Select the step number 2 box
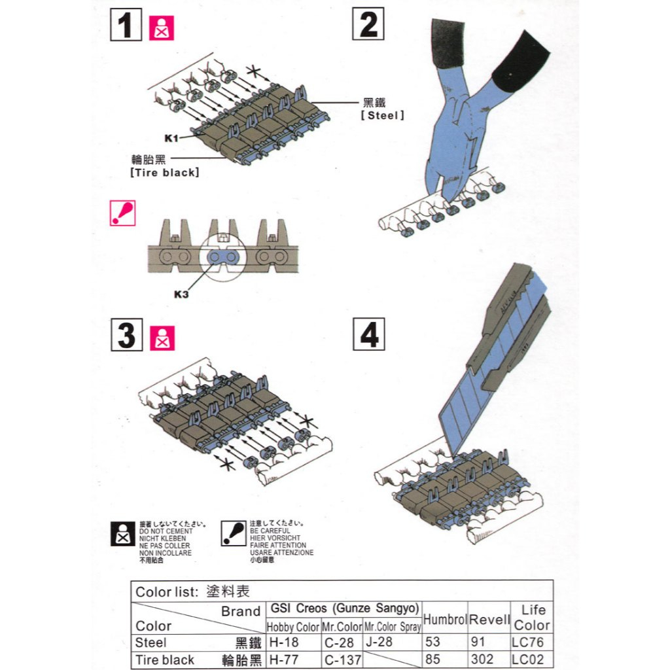click(368, 24)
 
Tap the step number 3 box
click(127, 335)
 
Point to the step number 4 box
click(369, 334)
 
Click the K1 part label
click(171, 138)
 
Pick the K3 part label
click(181, 294)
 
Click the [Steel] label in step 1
click(382, 115)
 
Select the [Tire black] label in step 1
click(165, 173)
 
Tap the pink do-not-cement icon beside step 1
click(162, 28)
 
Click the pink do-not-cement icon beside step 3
click(162, 338)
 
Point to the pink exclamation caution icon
click(122, 213)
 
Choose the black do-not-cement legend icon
click(123, 534)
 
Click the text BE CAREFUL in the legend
click(270, 531)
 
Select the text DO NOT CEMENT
click(166, 531)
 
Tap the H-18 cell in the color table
click(284, 643)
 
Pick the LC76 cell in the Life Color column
click(528, 643)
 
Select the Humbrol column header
click(445, 619)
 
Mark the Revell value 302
click(482, 660)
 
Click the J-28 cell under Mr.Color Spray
click(379, 642)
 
